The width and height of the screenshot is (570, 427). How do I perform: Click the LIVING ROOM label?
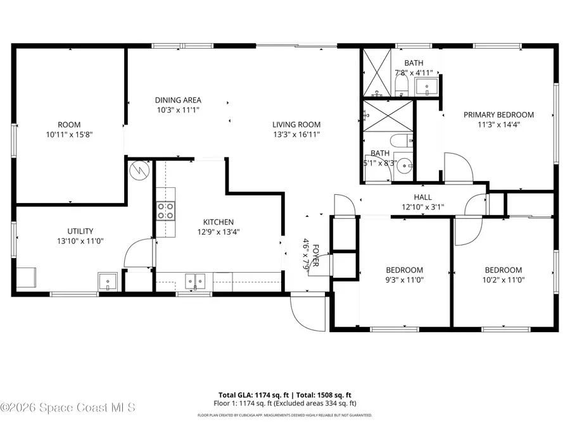296,125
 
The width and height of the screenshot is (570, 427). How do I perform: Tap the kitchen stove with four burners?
166,210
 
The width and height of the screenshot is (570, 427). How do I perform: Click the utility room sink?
107,281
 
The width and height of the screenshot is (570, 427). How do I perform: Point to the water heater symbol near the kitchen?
138,171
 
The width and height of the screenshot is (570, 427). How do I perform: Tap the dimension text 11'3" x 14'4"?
498,125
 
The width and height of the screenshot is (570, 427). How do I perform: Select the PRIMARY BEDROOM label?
498,114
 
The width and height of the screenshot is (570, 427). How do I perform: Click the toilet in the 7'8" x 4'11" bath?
401,84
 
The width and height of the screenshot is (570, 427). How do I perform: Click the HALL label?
423,197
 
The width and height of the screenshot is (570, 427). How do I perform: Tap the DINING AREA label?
178,100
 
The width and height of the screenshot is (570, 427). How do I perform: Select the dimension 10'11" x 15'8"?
69,135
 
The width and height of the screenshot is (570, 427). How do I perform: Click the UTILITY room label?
80,231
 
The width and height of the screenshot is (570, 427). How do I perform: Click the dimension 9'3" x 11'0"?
405,280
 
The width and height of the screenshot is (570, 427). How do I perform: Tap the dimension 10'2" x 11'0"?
503,280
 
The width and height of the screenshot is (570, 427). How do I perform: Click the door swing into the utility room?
137,252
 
